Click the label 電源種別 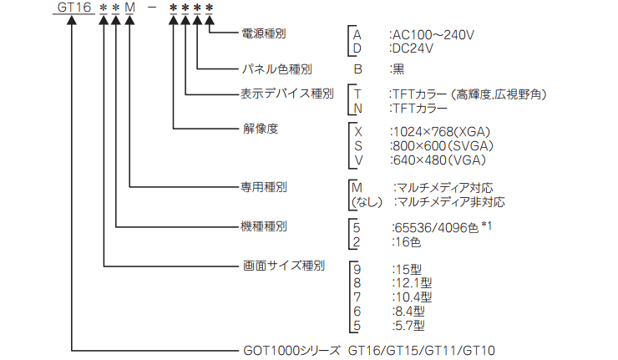coord(264,33)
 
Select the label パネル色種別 coord(276,69)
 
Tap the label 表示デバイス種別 coord(287,94)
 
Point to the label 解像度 coord(261,129)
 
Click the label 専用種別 coord(264,187)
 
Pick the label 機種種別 coord(264,226)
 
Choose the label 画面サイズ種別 coord(284,266)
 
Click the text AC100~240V coord(433,35)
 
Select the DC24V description coord(413,48)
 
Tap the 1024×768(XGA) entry coord(442,132)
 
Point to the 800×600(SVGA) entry coord(443,146)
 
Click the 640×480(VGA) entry coord(439,160)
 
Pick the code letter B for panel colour coord(358,69)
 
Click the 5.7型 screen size coord(410,325)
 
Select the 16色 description coord(408,241)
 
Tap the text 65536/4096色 coord(437,227)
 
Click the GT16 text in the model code coord(74,7)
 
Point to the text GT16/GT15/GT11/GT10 coord(422,351)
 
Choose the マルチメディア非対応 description coord(451,202)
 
